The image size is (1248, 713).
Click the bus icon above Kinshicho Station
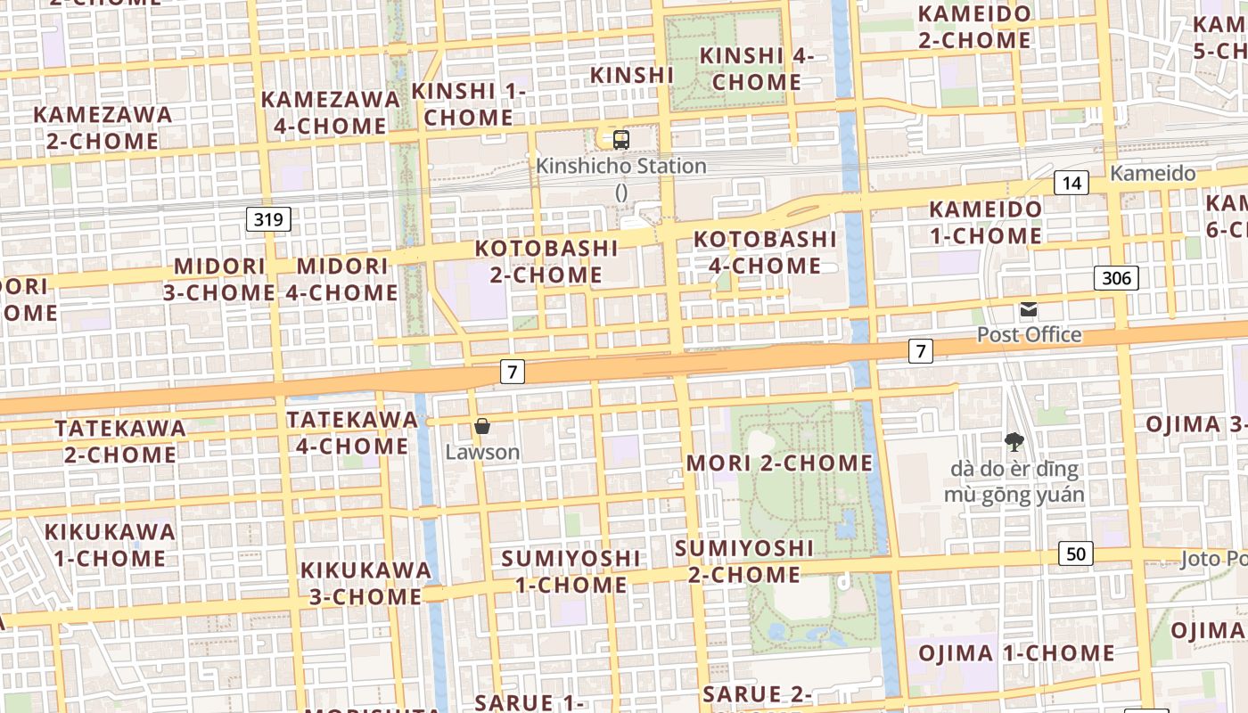(x=621, y=140)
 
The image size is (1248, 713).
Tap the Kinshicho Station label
(x=620, y=167)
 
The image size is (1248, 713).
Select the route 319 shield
(x=268, y=219)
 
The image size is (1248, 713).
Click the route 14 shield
(x=1071, y=184)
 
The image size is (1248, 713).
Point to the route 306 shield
(x=1116, y=278)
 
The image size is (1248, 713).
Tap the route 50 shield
(x=1076, y=553)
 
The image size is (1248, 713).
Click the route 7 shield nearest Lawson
(x=512, y=371)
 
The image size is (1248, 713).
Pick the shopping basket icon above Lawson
(x=482, y=426)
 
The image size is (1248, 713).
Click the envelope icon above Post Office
(x=1029, y=310)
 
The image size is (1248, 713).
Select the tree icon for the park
(x=1014, y=441)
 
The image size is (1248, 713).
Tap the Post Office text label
(x=1029, y=335)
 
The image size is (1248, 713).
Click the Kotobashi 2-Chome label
(x=546, y=261)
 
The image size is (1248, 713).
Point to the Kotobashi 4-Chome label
(x=765, y=252)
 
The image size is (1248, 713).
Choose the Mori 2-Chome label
(x=780, y=463)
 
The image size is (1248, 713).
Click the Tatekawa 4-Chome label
(x=352, y=432)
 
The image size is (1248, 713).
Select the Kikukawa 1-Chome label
(x=110, y=545)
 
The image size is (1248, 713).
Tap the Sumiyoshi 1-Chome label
(x=571, y=571)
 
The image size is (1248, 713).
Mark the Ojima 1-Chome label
(x=1016, y=653)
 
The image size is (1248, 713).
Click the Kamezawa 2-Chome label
(x=103, y=127)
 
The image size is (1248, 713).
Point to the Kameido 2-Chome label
(x=974, y=27)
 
